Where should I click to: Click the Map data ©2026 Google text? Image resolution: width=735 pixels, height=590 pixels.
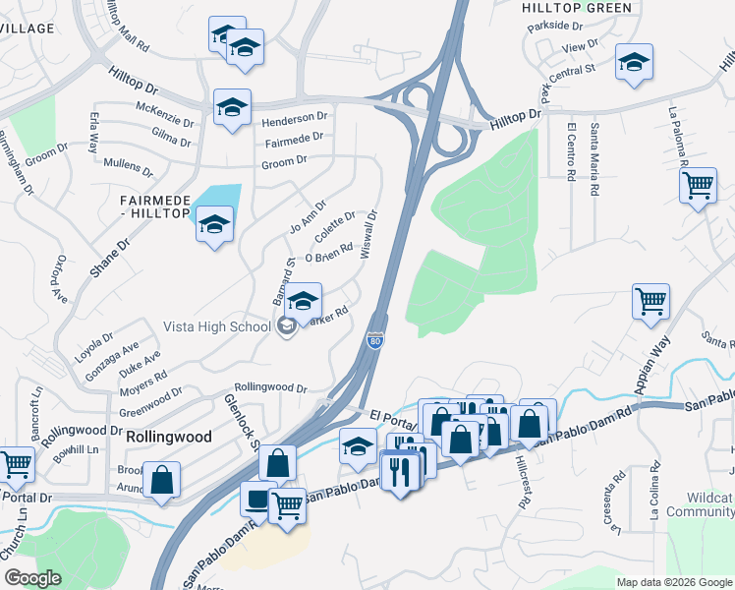pos(673,582)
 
